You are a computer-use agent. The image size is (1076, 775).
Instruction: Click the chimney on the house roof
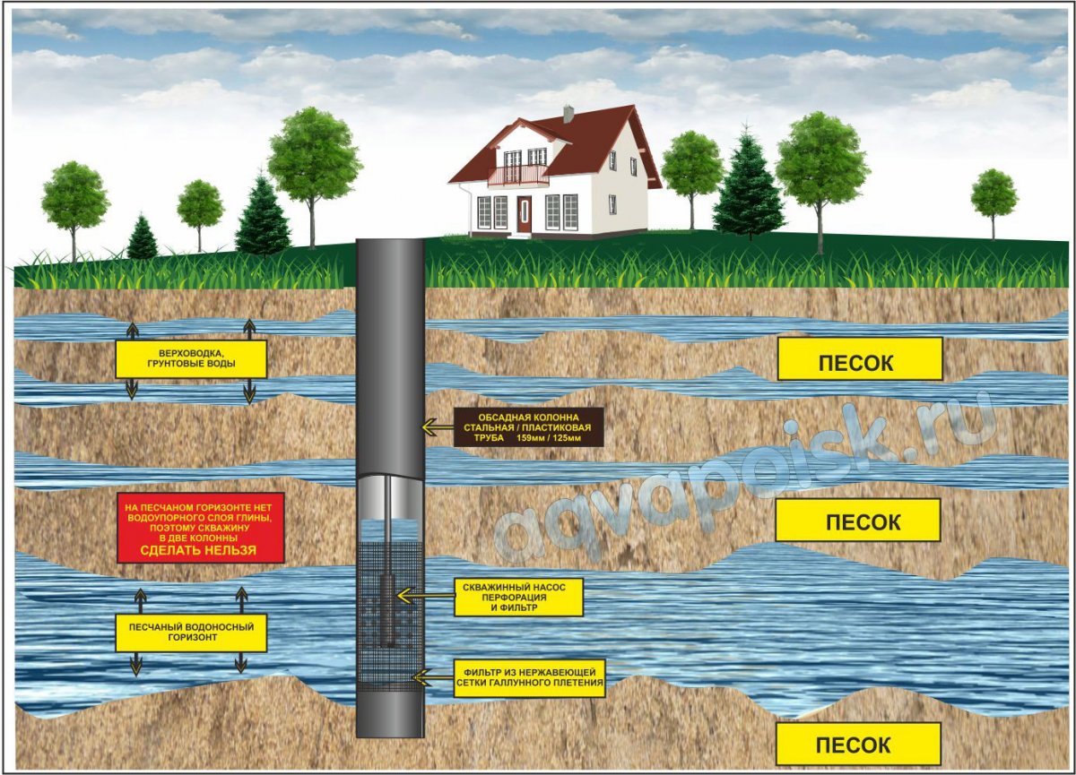coord(568,113)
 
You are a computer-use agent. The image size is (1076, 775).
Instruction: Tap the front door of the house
coord(524,215)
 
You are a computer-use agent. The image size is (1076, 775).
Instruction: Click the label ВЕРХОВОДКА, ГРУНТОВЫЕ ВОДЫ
coord(191,359)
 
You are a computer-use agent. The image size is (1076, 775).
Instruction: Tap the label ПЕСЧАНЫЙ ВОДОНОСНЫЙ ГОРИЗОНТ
coord(191,633)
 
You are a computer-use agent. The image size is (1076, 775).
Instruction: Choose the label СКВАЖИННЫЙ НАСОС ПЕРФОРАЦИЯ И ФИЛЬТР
coord(518,597)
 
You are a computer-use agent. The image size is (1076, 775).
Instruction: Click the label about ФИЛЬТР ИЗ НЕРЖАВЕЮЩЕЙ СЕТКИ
coord(529,677)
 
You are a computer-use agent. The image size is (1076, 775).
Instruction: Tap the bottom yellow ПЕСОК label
coord(858,745)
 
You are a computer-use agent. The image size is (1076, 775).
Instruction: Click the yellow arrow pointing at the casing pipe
coord(438,426)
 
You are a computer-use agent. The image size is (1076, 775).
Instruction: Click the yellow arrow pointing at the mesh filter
coord(434,677)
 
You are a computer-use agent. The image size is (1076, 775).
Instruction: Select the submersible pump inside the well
coord(387,612)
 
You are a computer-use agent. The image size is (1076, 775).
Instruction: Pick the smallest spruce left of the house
coord(143,237)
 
